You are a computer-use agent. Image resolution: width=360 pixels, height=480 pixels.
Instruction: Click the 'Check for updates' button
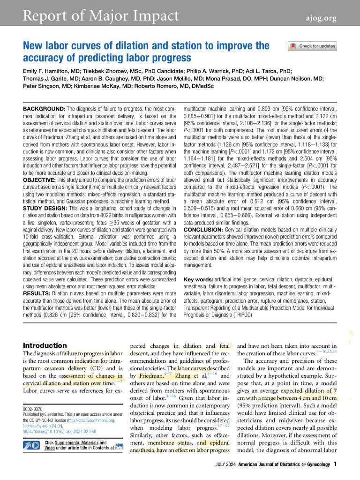pos(312,46)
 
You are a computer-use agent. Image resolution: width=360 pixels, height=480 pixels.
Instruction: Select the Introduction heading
pos(45,345)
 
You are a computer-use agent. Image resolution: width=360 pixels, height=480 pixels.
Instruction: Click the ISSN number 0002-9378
pos(33,409)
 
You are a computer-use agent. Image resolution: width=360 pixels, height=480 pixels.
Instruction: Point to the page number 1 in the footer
pos(335,465)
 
